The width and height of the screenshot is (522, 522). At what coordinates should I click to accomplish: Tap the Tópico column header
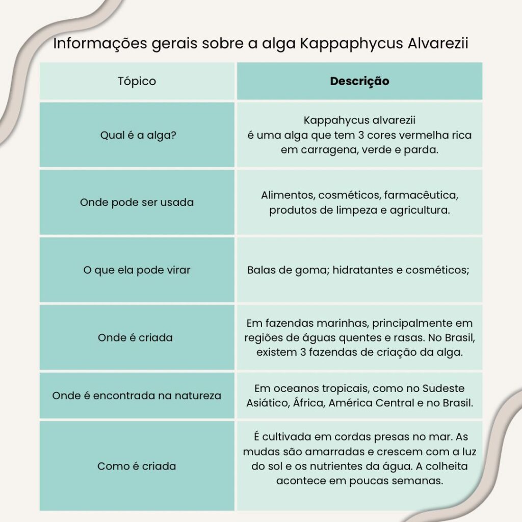coord(137,81)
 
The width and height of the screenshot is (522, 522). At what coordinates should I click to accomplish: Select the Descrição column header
coord(359,81)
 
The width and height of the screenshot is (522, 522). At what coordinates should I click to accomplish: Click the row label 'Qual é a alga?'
coord(137,136)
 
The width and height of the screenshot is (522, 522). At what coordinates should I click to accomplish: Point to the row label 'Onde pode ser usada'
coord(137,202)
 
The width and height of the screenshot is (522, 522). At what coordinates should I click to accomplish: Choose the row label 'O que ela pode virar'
coord(137,270)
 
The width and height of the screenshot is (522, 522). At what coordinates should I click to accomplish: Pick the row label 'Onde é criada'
coord(135,337)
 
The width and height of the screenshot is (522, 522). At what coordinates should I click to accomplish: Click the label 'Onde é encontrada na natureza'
coord(137,396)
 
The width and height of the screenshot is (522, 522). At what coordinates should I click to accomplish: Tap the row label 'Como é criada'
coord(137,466)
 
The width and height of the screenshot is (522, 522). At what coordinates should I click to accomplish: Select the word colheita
coord(447,466)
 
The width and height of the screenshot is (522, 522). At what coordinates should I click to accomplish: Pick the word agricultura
coord(420,210)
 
